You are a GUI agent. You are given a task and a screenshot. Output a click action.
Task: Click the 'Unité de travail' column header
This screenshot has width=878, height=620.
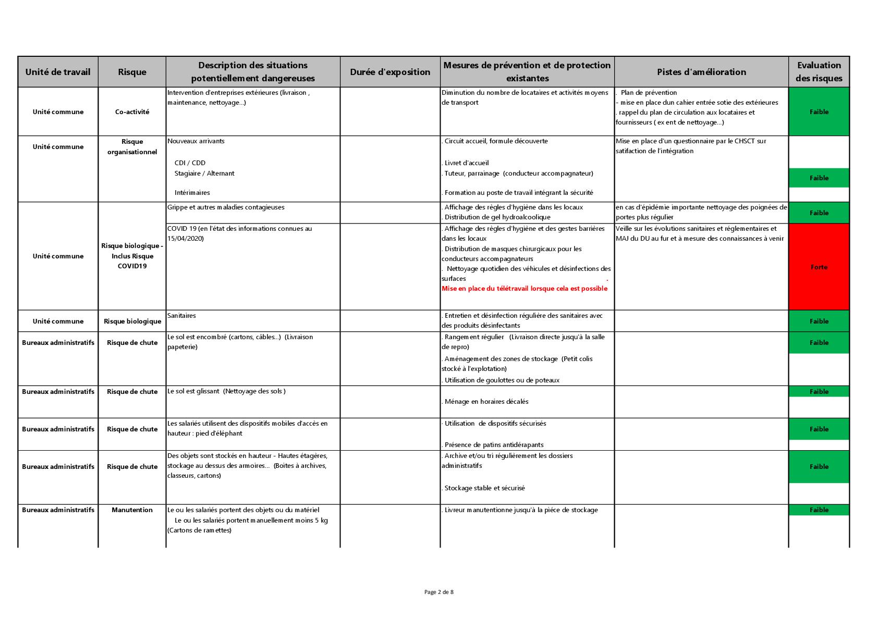(58, 72)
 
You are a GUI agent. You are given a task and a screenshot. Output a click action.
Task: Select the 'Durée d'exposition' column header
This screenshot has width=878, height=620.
(390, 72)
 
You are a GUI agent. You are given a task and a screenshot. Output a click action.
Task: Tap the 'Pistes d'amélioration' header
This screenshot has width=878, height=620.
(701, 72)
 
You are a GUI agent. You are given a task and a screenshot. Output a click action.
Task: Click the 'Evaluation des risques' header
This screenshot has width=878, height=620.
(819, 72)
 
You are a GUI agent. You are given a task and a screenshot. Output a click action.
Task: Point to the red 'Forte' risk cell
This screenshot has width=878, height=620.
(819, 267)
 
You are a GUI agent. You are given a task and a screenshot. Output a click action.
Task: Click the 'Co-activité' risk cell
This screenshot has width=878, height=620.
(132, 112)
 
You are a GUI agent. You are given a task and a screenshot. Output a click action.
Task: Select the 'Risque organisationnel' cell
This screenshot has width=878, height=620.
(132, 146)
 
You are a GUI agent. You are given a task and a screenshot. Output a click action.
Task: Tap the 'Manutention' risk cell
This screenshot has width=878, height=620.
(132, 510)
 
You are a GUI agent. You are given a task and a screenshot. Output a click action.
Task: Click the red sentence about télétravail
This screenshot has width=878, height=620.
(525, 289)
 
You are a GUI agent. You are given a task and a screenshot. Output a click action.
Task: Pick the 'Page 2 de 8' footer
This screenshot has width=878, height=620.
(439, 592)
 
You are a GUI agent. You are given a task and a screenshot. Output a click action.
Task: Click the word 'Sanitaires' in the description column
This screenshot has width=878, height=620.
(181, 316)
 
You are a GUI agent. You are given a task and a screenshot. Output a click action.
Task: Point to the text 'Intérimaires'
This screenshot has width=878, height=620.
(192, 193)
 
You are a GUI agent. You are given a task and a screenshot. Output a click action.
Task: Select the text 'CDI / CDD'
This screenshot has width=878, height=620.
(190, 163)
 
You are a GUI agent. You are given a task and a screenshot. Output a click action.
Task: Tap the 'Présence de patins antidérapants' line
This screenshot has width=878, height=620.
(494, 445)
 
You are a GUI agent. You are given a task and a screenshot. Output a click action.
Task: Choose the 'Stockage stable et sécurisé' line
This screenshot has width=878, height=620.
(484, 488)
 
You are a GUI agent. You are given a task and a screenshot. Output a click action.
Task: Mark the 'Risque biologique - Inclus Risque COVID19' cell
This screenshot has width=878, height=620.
(132, 256)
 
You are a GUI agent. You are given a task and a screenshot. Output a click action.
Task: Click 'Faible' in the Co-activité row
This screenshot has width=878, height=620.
(819, 112)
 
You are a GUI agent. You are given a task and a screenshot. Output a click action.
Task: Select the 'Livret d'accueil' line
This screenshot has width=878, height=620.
(466, 163)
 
